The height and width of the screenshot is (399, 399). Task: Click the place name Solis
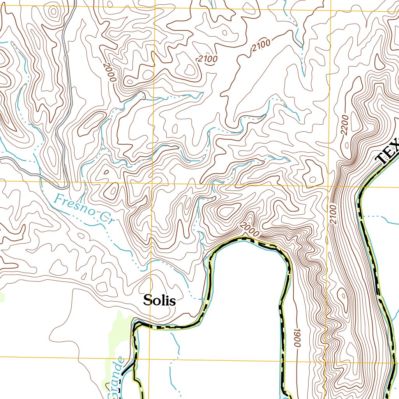coord(159,300)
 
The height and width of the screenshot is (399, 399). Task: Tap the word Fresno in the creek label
coord(74,207)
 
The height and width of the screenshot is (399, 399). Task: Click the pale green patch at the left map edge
coord(2,297)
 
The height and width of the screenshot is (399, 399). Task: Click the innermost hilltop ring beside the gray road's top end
coord(52,12)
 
